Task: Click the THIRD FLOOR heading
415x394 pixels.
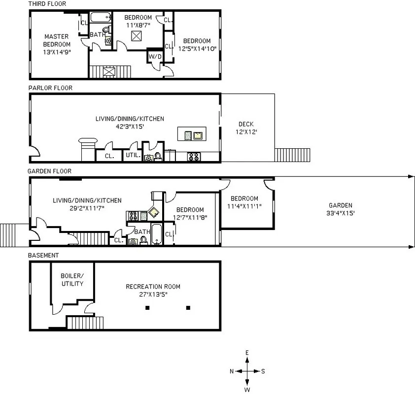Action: point(47,4)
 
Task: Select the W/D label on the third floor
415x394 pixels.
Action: point(155,57)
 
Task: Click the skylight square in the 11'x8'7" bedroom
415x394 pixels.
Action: point(137,36)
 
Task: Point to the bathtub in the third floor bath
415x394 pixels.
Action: point(102,19)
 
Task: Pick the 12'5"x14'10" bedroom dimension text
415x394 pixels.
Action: point(197,48)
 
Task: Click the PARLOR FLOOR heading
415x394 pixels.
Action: point(50,88)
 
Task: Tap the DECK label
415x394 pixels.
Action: point(246,124)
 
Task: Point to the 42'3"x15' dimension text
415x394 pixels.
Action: point(130,126)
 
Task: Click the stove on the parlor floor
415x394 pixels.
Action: point(194,157)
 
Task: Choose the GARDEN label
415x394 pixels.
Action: point(341,205)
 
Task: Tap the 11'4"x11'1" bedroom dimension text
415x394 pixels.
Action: point(244,206)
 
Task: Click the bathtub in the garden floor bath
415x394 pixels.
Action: point(156,234)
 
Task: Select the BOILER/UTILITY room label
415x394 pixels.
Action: point(72,279)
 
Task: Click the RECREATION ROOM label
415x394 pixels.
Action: point(153,287)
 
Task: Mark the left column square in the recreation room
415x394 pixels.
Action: point(147,308)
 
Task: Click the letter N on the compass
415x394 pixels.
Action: point(232,371)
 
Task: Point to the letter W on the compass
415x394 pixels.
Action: point(247,389)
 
